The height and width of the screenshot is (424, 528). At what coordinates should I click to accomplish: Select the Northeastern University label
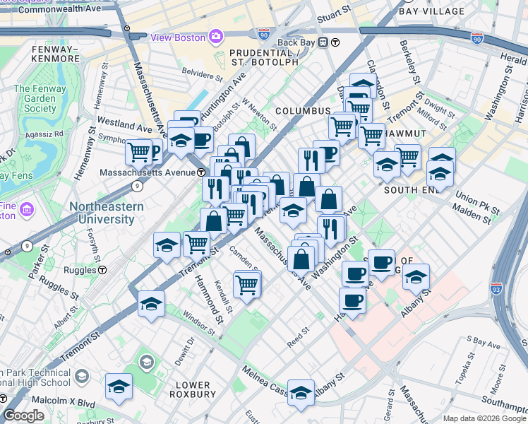pos(107,213)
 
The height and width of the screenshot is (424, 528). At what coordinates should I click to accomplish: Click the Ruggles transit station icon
pos(102,270)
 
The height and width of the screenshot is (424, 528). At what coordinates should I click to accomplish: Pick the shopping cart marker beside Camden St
pos(246,285)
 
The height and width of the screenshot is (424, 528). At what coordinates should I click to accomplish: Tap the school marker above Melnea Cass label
pos(301,392)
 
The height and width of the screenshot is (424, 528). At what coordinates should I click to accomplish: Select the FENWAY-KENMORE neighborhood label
pos(56,54)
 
